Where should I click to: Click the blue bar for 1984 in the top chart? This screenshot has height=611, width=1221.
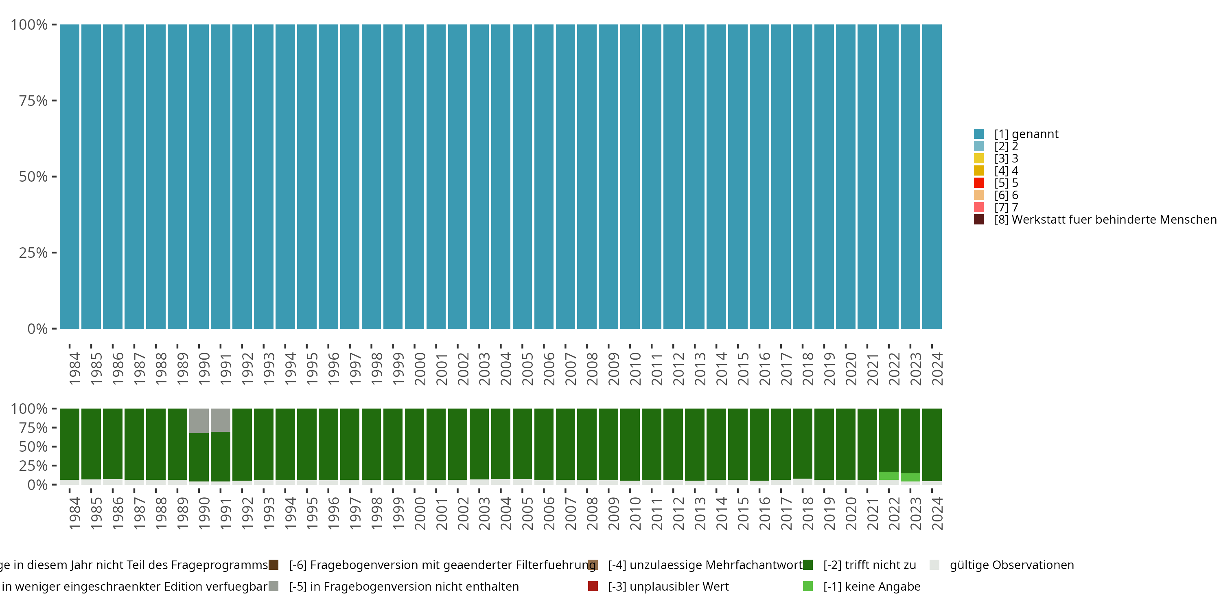pos(69,176)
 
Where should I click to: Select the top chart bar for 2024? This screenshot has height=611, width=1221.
pos(932,176)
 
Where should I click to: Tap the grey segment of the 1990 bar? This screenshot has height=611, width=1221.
pos(199,420)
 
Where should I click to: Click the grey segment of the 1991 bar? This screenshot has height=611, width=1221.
pos(221,420)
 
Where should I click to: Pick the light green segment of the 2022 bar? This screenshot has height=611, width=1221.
pos(889,476)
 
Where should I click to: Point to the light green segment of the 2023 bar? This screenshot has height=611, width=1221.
pos(910,477)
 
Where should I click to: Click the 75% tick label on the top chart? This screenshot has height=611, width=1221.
pos(33,101)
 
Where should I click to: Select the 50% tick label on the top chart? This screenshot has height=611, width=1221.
pos(33,177)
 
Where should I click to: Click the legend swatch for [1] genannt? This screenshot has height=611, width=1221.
pos(979,134)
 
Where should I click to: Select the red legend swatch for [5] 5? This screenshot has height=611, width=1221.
pos(979,182)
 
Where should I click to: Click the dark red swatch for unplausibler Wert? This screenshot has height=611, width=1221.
pos(593,586)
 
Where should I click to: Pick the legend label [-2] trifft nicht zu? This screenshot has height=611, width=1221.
pos(869,565)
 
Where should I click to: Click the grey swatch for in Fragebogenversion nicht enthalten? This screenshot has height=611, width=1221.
pos(274,586)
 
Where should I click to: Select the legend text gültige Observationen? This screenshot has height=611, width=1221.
pos(1011,565)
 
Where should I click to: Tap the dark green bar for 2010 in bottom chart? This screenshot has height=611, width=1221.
pos(630,444)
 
